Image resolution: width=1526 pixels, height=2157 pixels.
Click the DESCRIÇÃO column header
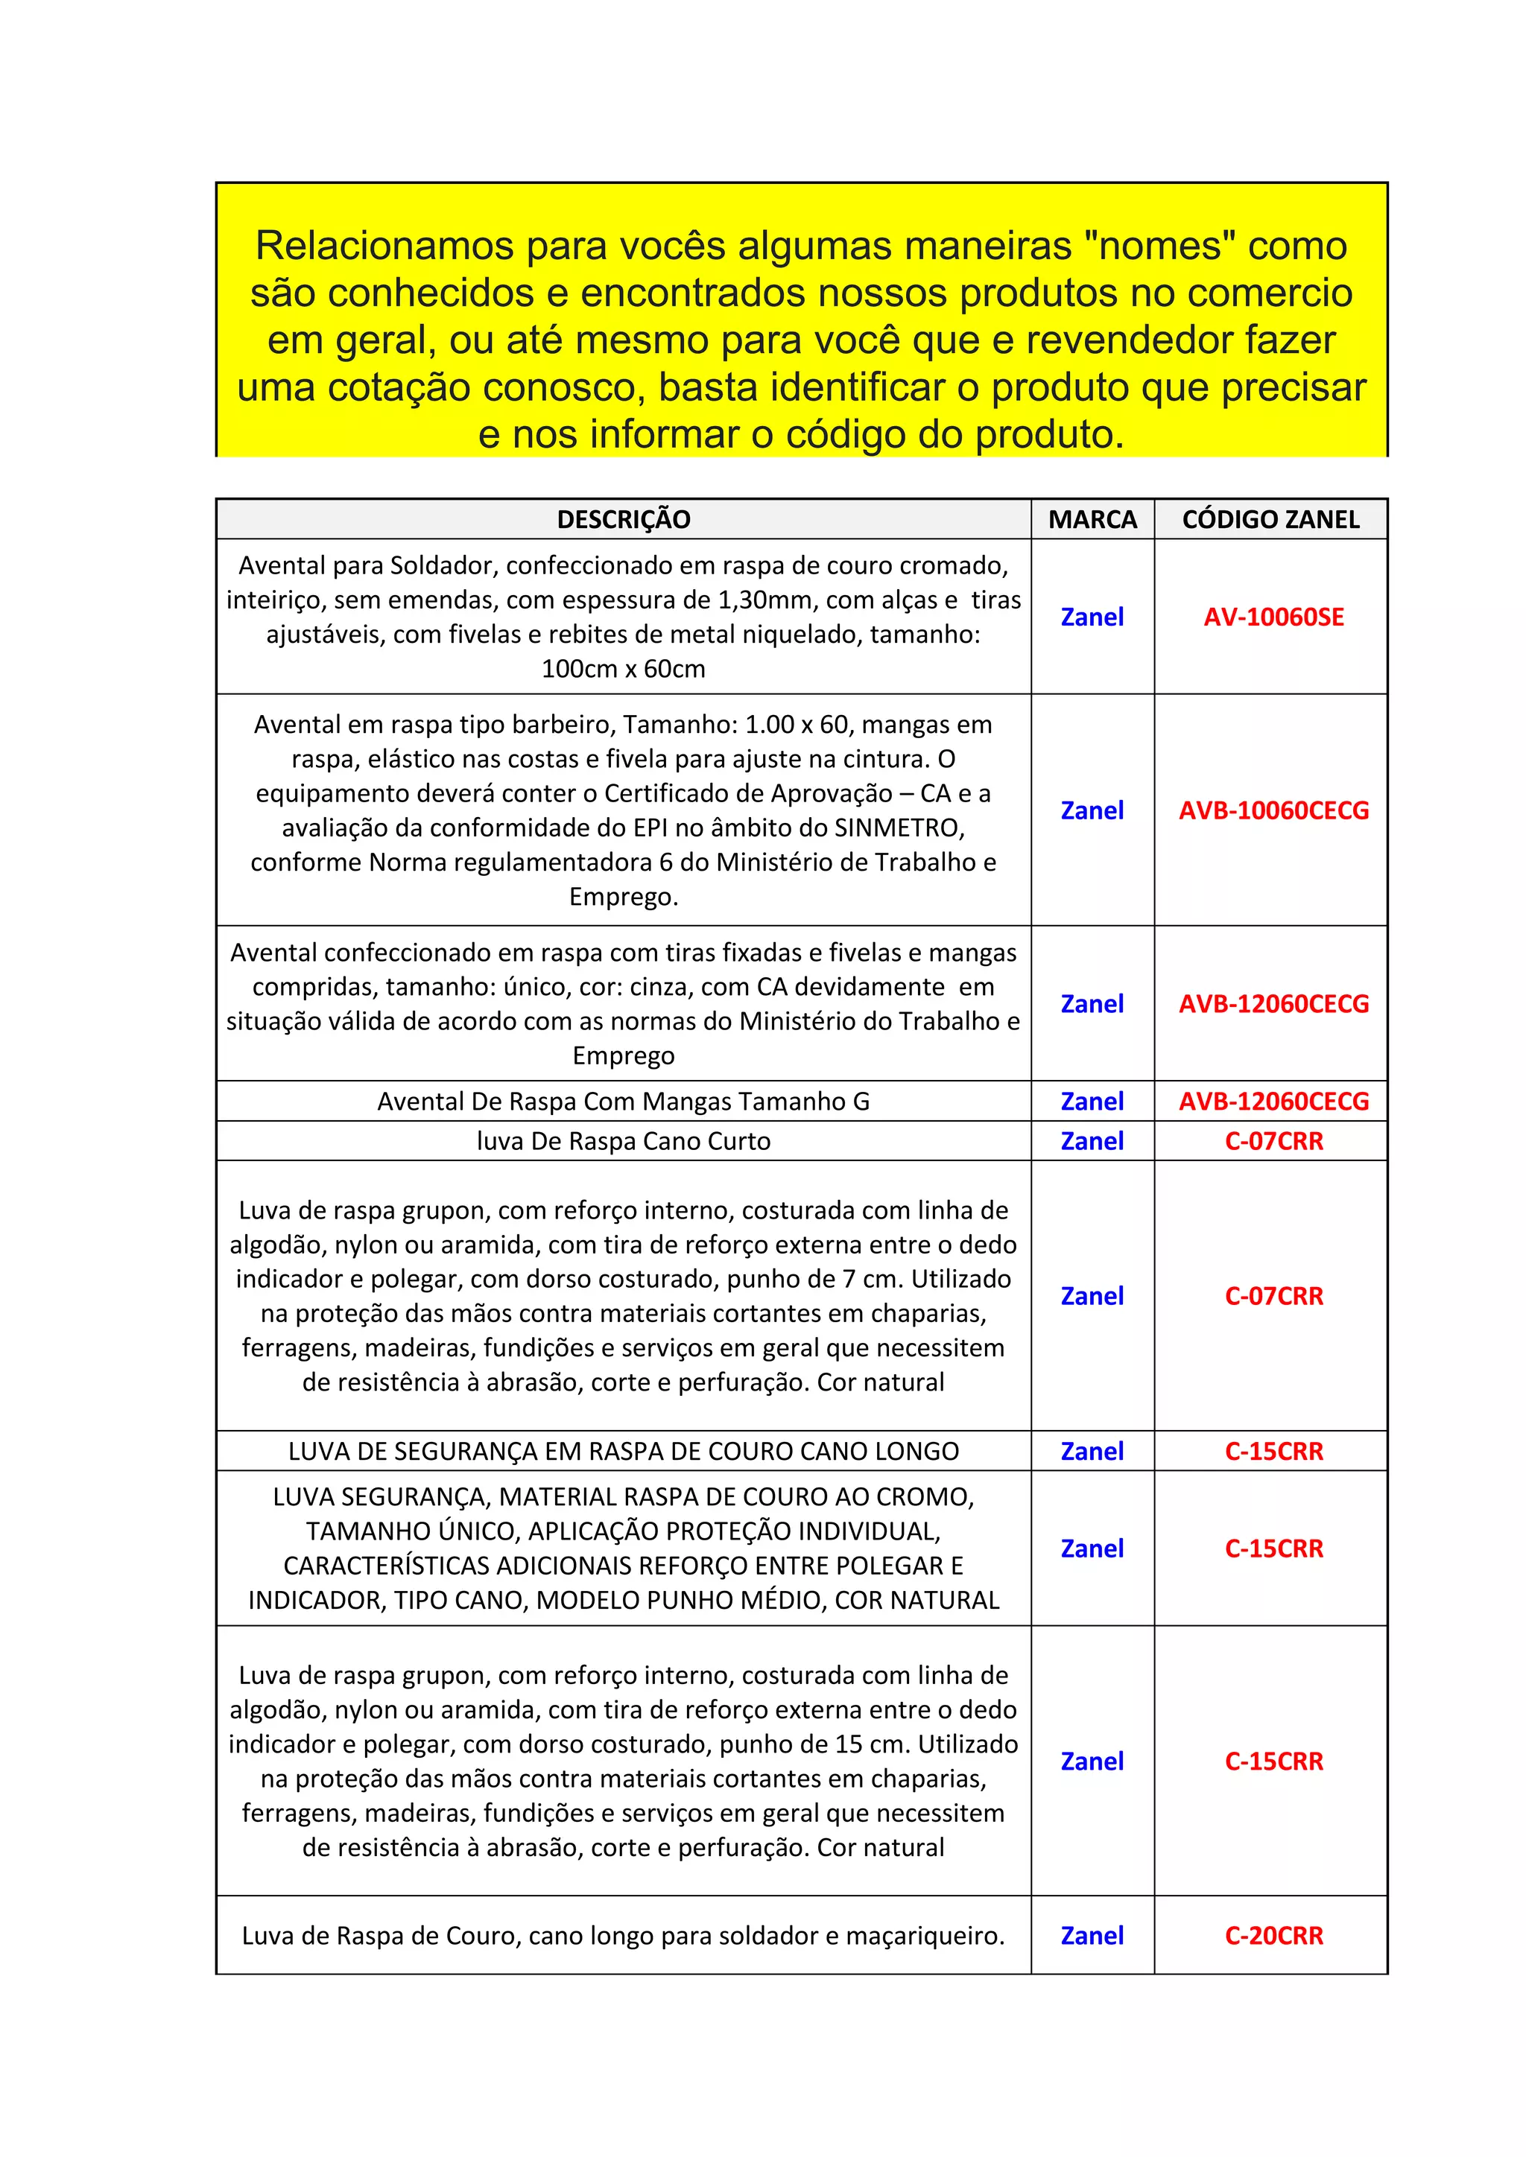[623, 520]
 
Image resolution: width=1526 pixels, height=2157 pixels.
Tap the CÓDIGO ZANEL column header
[1270, 520]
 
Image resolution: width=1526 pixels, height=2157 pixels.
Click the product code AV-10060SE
[1273, 617]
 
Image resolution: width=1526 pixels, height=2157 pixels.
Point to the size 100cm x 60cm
[623, 669]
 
